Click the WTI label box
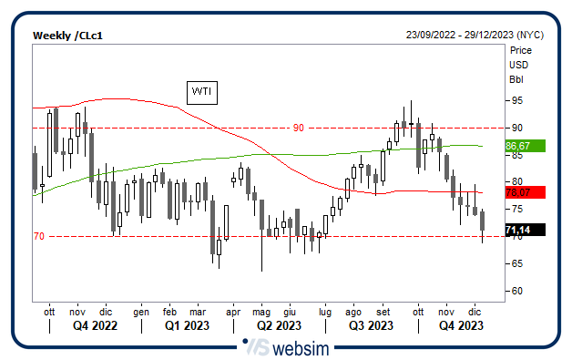[x=200, y=91]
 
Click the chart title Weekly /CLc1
[x=67, y=35]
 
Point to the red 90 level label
[x=298, y=128]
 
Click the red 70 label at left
[x=38, y=237]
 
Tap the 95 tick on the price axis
[x=516, y=100]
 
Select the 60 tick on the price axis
[x=516, y=291]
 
